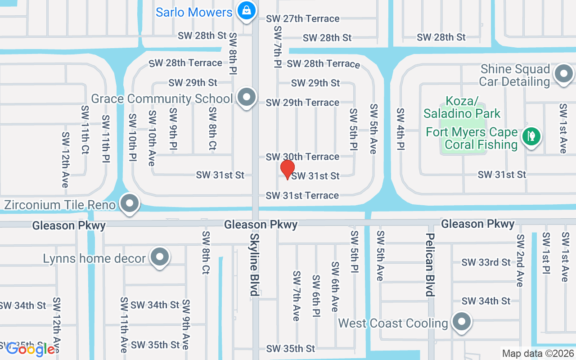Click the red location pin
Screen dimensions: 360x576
point(288,169)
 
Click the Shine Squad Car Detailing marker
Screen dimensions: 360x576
point(563,74)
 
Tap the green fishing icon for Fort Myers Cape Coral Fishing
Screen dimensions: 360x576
point(531,136)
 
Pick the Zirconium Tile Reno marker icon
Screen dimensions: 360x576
point(130,203)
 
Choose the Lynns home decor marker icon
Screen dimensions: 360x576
point(159,257)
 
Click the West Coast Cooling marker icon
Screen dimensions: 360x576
point(461,322)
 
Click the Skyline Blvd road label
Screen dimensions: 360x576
point(255,264)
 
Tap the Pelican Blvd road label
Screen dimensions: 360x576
point(430,265)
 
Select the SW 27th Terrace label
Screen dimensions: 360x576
point(302,18)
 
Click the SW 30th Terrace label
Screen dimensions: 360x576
point(302,157)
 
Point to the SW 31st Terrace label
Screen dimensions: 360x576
point(302,195)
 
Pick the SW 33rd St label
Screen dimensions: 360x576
point(486,262)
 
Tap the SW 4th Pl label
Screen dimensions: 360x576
point(400,129)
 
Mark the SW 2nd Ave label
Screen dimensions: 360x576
point(520,260)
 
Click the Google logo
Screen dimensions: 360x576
point(31,349)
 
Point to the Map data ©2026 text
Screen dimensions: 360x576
point(538,353)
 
